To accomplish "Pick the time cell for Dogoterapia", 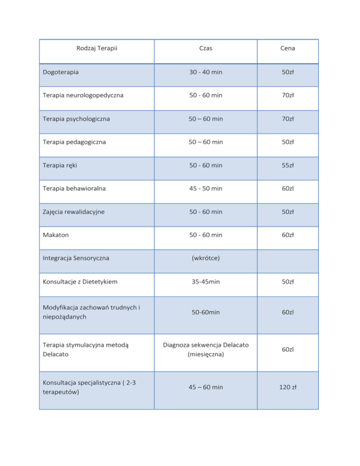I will coord(206,73).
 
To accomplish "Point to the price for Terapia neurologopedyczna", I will coord(288,96).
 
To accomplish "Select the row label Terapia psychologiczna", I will coord(76,119).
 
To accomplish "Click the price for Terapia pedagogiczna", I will coord(288,142).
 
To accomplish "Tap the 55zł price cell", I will coord(288,165).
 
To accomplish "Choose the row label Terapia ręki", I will coord(58,165).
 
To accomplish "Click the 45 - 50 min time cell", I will coord(206,188).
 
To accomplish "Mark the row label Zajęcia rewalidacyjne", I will coord(73,211).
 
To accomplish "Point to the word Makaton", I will coord(55,235).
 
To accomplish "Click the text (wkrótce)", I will coord(206,258).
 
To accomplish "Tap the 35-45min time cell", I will coord(206,281).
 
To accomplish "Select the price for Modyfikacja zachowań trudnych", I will coord(288,312).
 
